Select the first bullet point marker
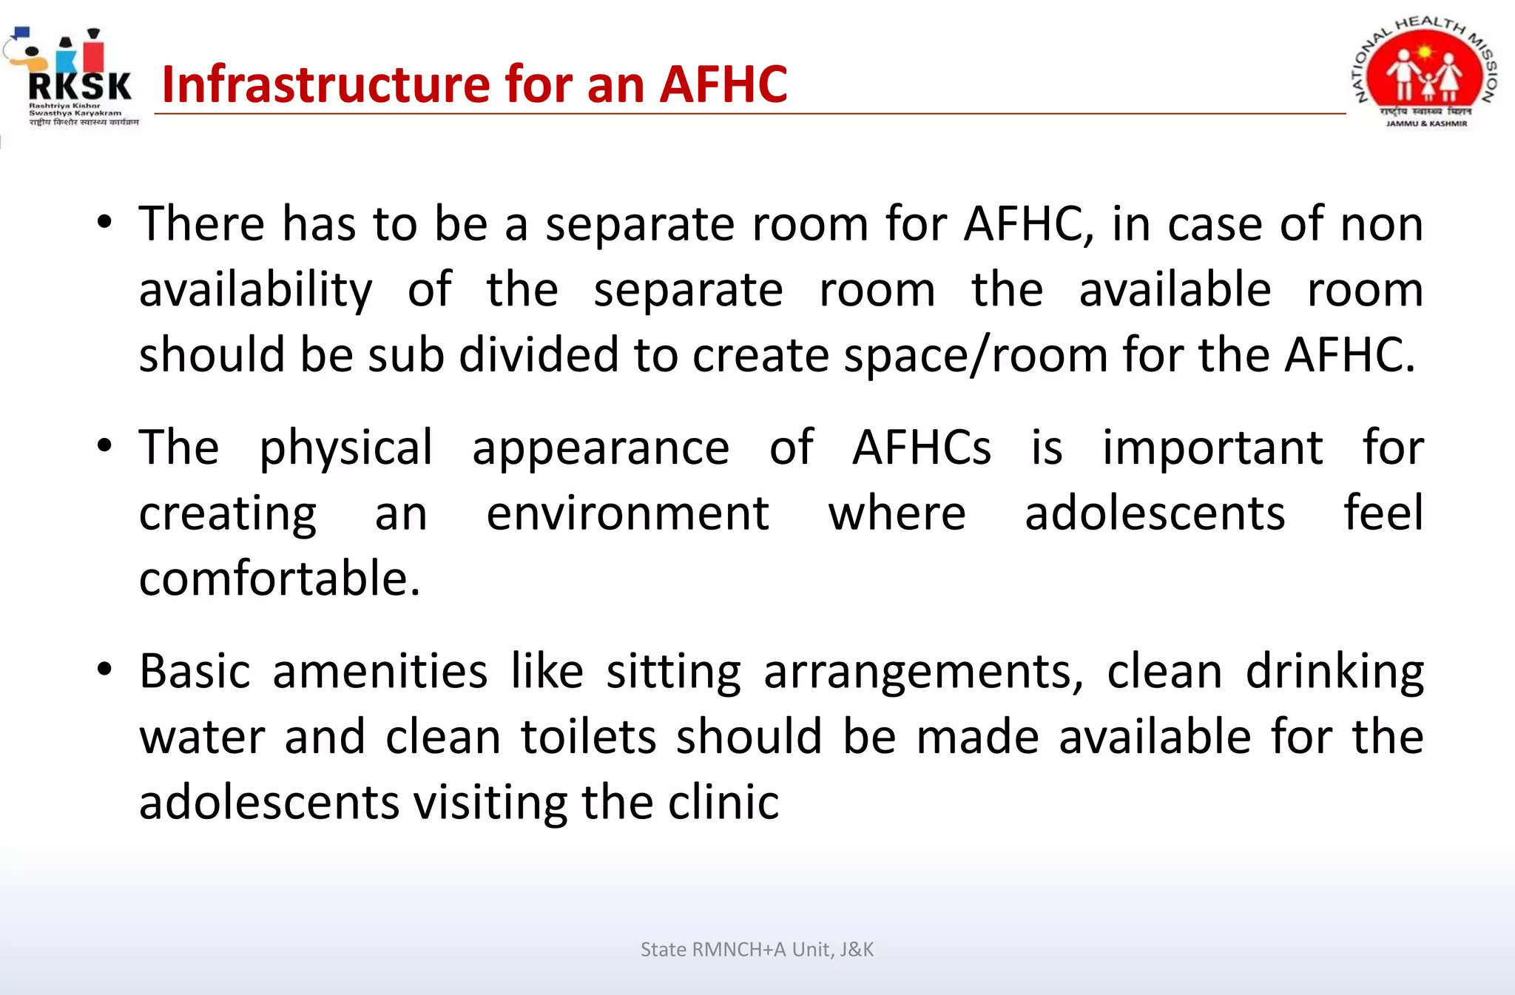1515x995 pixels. coord(104,221)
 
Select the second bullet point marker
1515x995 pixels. coord(104,445)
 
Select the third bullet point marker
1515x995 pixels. coord(104,669)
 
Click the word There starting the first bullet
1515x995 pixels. coord(201,223)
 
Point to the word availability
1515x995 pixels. coord(255,291)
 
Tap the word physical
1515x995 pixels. coord(345,449)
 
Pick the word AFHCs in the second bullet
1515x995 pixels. coord(921,448)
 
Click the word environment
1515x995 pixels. coord(627,513)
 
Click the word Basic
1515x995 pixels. coord(195,672)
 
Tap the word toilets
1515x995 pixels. coord(588,737)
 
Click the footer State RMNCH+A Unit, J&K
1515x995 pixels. coord(757,950)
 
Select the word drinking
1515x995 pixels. coord(1335,673)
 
